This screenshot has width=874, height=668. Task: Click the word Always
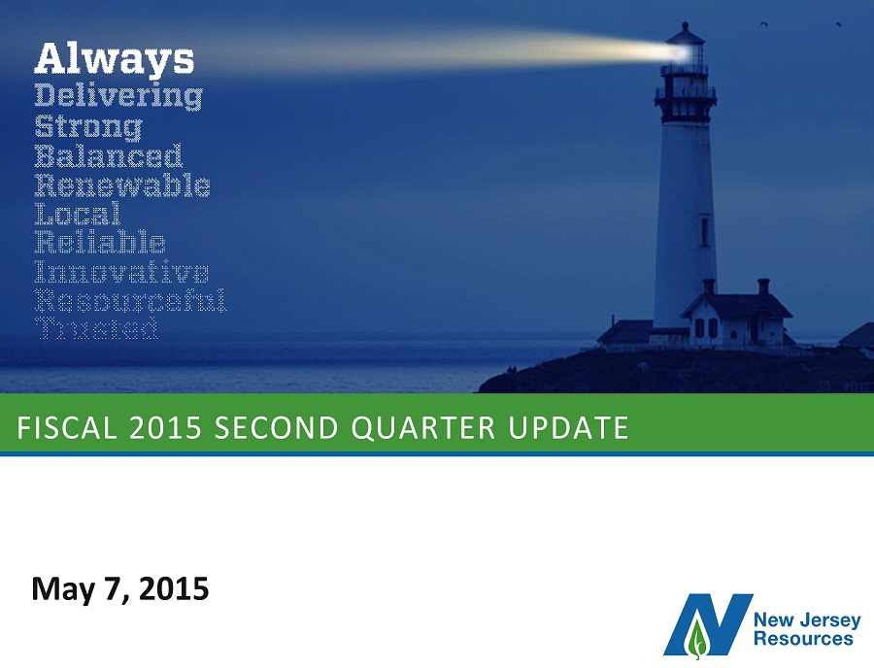tap(115, 59)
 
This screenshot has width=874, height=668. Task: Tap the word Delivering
tap(118, 96)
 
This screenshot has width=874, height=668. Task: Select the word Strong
tap(88, 126)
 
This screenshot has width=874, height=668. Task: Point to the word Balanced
tap(109, 156)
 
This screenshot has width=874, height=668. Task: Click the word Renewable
tap(122, 185)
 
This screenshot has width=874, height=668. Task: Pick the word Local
tap(78, 214)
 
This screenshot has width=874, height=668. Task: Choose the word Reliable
tap(100, 243)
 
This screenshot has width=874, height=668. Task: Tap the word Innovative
tap(121, 271)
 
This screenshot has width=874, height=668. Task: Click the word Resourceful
tap(130, 300)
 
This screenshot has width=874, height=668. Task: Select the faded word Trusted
tap(97, 329)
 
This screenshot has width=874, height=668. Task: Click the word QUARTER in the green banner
tap(423, 428)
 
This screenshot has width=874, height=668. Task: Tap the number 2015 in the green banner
tap(165, 428)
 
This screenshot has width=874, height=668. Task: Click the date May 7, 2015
tap(120, 589)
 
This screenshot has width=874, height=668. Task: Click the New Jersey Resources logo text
tap(807, 629)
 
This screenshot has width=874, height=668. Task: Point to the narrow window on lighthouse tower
tap(705, 231)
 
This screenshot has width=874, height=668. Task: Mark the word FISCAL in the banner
tap(67, 428)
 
